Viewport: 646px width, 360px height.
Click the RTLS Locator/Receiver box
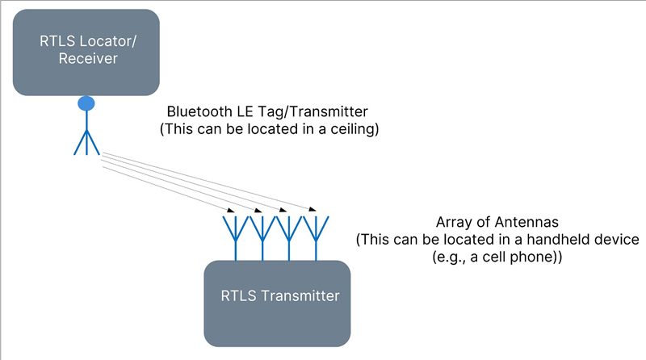pos(86,52)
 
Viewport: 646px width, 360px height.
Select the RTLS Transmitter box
pos(277,303)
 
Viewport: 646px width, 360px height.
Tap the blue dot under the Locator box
pos(86,103)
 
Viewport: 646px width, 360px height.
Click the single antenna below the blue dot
pos(86,136)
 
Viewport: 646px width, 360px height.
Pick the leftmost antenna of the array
pos(236,238)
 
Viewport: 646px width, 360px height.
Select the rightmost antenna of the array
pos(316,238)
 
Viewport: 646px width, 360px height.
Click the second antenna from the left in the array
pos(262,238)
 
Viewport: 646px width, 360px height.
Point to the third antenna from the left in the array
pos(289,238)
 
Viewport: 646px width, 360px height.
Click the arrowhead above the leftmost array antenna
pos(231,211)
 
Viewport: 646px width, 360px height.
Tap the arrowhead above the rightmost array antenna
pos(313,209)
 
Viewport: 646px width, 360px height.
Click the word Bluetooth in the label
pos(199,111)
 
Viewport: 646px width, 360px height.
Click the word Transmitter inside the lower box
pos(300,295)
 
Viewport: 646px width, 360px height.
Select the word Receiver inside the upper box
pos(88,58)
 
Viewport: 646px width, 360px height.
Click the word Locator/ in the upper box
pos(108,41)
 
